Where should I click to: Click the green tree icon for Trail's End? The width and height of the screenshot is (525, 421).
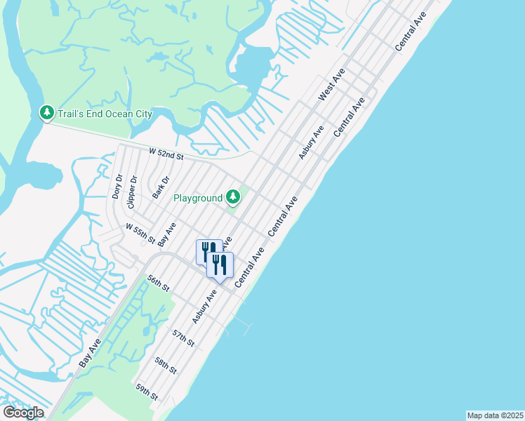pos(46,112)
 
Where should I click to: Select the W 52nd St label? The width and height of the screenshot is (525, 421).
pos(166,153)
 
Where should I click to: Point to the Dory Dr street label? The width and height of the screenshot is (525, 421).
pos(118,187)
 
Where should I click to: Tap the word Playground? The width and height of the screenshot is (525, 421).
pos(198,199)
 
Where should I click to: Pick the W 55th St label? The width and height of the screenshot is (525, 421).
pos(140,232)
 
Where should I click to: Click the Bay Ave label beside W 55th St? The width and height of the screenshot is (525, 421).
pos(166,234)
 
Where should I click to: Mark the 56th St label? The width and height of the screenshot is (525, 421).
pos(159,284)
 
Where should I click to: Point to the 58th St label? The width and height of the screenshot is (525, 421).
pos(166,366)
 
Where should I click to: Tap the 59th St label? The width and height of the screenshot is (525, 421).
pos(147,392)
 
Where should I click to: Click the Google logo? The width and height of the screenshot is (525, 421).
pos(23,413)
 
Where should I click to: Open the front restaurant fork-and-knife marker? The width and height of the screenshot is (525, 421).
pos(220,266)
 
